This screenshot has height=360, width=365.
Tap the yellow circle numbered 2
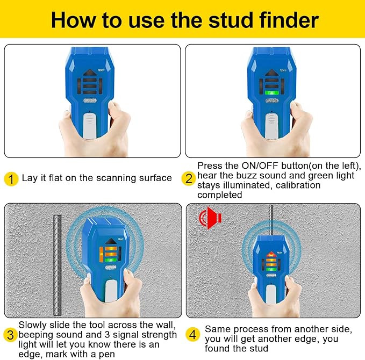click(188, 178)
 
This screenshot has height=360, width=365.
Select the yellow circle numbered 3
click(10, 335)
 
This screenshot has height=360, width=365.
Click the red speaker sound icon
click(210, 218)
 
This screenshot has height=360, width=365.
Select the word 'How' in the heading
click(73, 20)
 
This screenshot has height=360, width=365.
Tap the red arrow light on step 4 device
click(271, 254)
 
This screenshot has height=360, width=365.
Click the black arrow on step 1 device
click(89, 71)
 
